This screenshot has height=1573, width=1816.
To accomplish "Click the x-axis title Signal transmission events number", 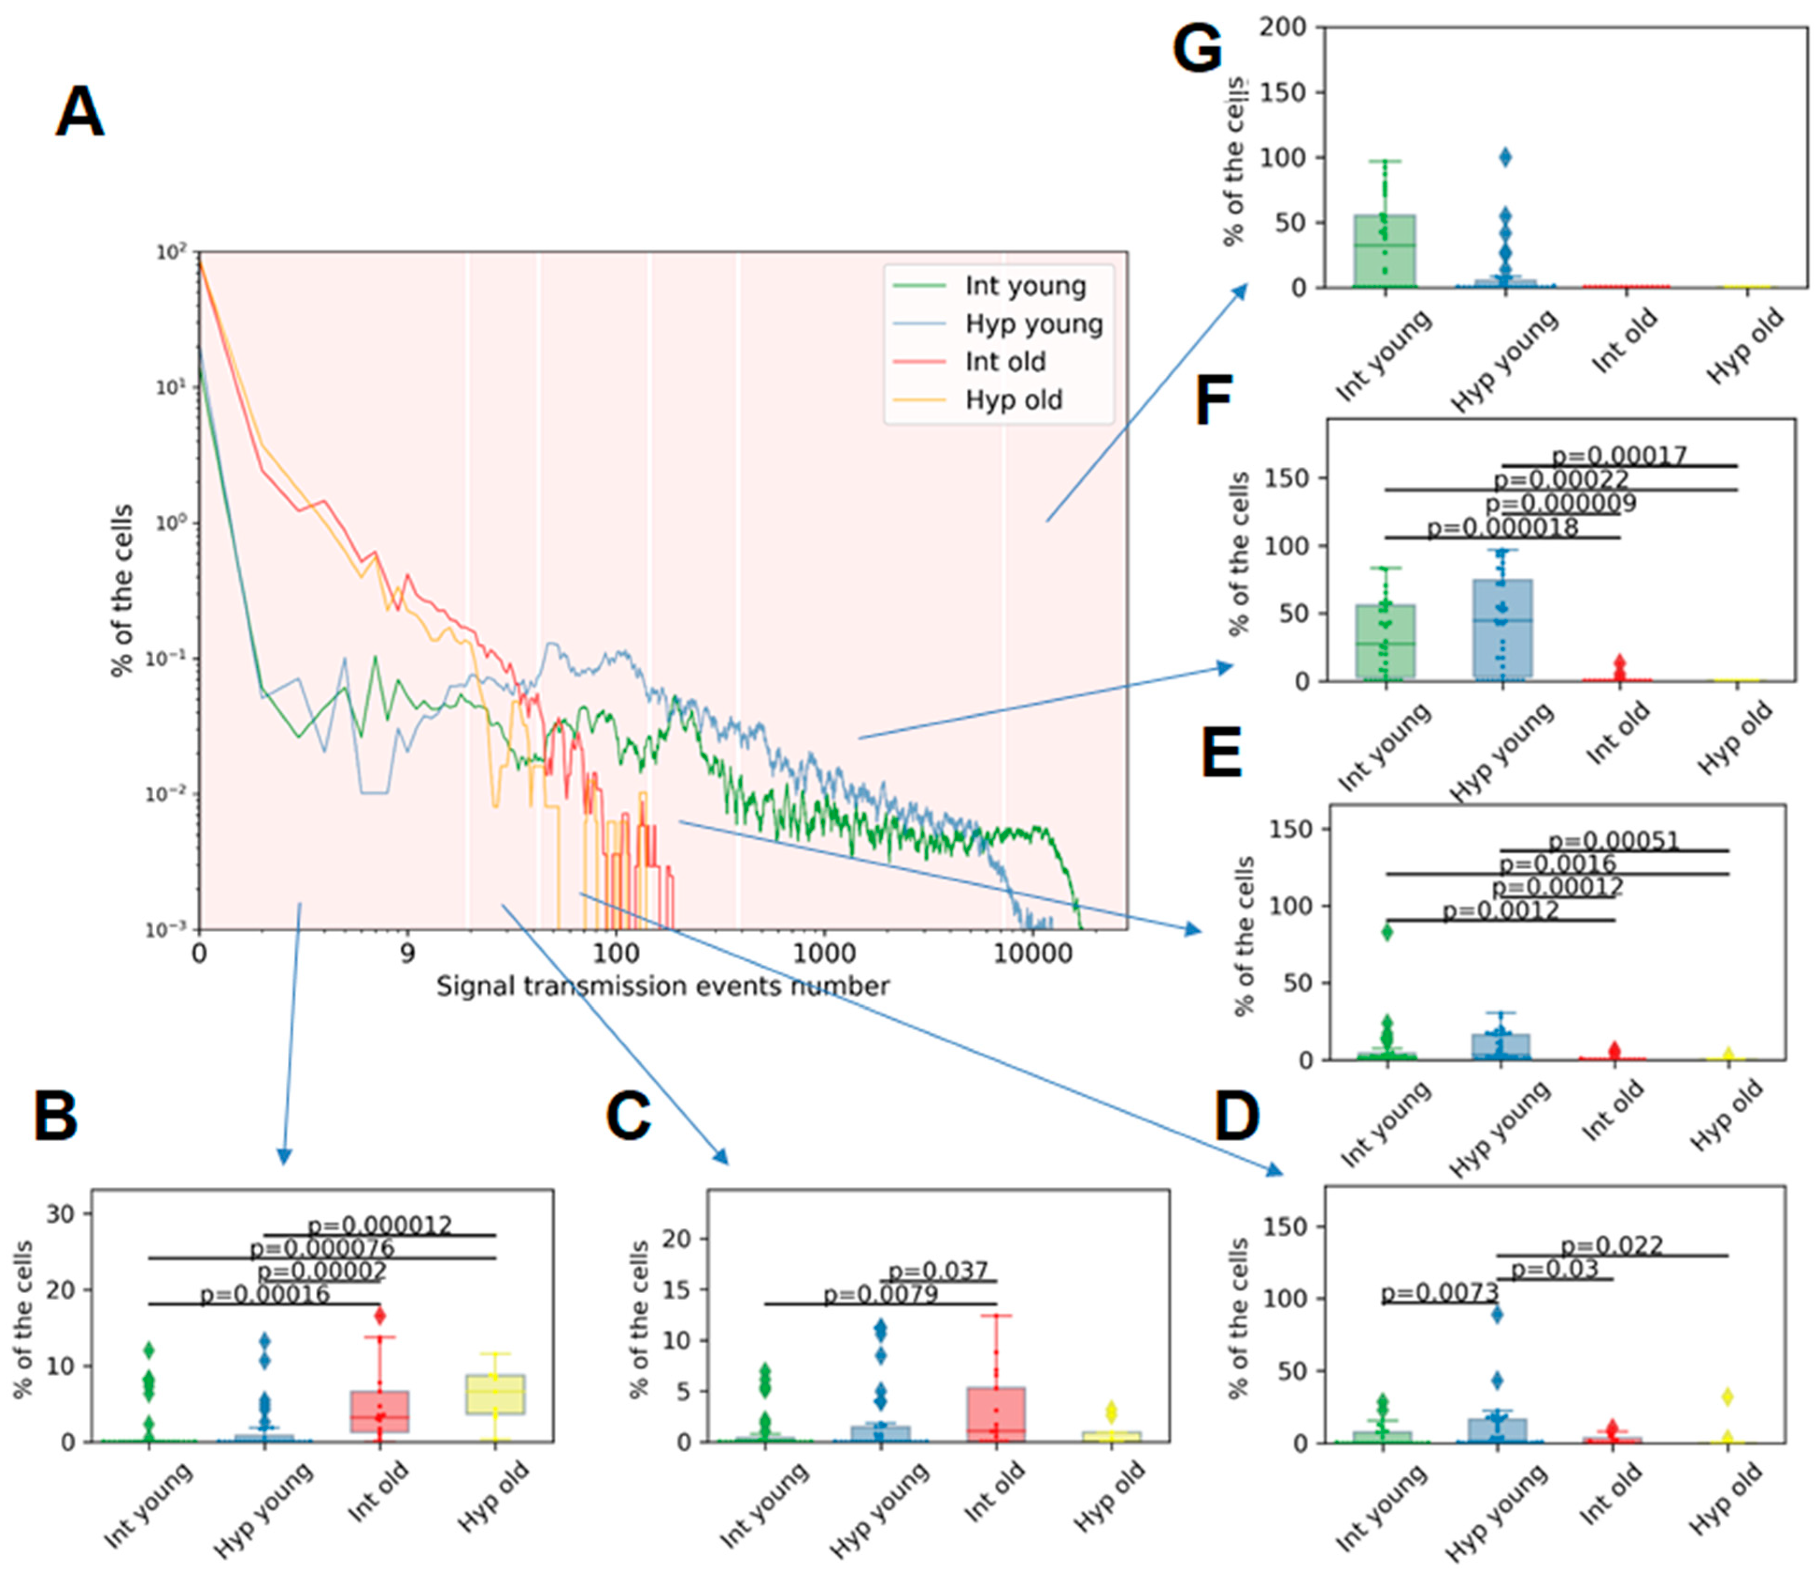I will (663, 986).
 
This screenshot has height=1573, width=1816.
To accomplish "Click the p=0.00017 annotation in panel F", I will (1619, 455).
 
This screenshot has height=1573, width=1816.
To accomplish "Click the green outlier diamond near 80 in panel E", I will (1387, 932).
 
